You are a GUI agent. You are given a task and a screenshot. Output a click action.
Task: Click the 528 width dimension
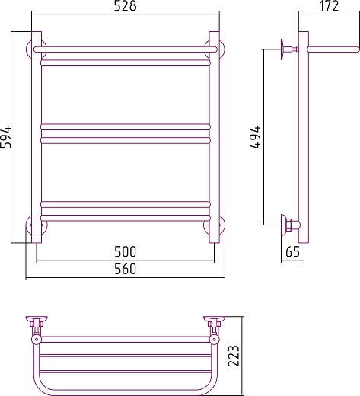[125, 6]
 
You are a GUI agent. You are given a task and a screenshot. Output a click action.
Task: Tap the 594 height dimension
[5, 137]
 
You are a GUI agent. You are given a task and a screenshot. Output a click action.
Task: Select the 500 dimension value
[125, 251]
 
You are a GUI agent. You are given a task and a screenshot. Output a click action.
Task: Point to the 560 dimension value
[125, 269]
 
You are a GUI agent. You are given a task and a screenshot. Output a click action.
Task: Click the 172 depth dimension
[329, 6]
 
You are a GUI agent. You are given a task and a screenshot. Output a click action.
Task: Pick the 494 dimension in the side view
[255, 137]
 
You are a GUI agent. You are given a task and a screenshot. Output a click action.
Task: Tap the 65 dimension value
[292, 251]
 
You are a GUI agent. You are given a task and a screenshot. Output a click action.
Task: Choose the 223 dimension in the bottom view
[234, 356]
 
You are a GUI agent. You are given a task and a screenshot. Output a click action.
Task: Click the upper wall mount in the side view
[289, 49]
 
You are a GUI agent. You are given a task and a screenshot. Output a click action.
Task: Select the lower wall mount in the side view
[290, 225]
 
